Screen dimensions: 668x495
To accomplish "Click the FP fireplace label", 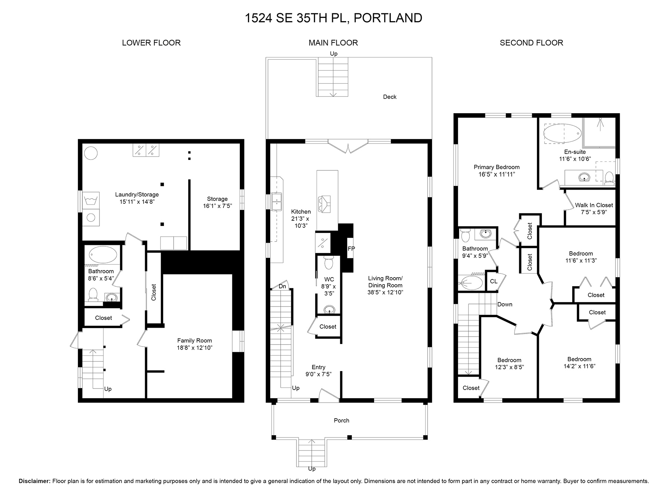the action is pos(351,249).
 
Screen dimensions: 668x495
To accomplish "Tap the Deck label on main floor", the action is pos(390,97).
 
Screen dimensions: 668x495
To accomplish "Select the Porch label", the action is pos(341,420).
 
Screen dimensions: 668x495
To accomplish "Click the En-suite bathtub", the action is pos(562,133).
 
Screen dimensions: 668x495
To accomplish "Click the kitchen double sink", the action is pos(276,202).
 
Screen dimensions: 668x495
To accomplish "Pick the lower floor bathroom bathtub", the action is pos(103,255).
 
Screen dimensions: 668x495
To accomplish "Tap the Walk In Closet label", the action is pos(594,205).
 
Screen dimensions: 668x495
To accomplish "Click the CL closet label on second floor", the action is pos(494,281).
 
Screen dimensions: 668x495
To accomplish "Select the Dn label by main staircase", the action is pos(282,286).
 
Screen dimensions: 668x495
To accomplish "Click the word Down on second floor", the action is pos(505,304).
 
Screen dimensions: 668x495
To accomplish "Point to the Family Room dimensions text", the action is pos(195,348).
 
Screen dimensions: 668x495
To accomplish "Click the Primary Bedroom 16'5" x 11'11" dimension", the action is pos(497,174).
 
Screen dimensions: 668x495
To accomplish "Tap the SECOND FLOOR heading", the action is pos(531,43).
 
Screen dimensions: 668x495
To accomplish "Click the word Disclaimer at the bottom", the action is pos(35,481).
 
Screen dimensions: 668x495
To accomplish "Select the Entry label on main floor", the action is pos(318,367).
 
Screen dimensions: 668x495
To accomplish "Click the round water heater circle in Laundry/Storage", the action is pos(91,153).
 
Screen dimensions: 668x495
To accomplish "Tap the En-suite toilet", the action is pos(609,178).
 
